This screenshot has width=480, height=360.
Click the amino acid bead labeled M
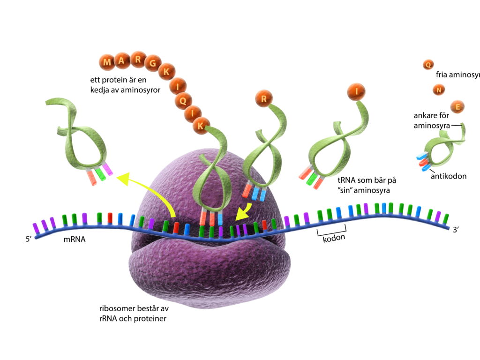click(x=107, y=62)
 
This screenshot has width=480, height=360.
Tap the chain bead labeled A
click(x=122, y=60)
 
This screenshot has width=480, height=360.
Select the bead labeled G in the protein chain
click(x=153, y=63)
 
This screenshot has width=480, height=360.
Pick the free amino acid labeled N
click(x=439, y=90)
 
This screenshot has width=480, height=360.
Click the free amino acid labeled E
click(x=457, y=107)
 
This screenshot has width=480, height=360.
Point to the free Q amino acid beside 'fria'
click(x=428, y=65)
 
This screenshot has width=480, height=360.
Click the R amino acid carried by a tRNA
click(x=264, y=98)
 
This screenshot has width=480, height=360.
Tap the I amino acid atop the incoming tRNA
click(x=356, y=91)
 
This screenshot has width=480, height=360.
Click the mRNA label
click(x=75, y=240)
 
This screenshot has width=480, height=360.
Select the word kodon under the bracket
click(x=334, y=238)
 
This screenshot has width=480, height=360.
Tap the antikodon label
click(x=449, y=176)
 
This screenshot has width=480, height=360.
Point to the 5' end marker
click(x=29, y=239)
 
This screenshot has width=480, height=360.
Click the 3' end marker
click(x=456, y=230)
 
